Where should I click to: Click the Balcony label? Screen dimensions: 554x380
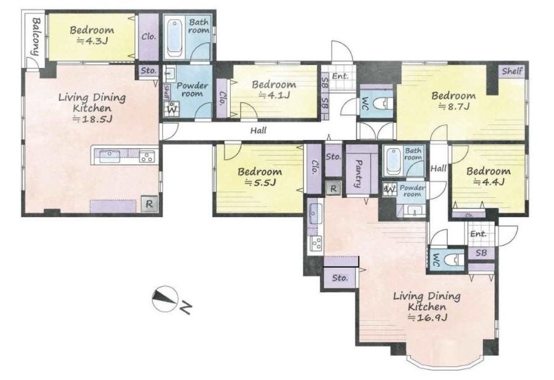36,36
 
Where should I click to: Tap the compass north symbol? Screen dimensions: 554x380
165,299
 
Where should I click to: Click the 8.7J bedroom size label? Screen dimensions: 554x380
454,106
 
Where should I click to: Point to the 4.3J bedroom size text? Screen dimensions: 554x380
92,41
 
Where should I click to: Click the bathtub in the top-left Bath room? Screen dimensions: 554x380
175,38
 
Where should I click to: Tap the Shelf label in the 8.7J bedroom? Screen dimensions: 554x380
512,71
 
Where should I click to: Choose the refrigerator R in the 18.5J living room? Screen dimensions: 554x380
149,204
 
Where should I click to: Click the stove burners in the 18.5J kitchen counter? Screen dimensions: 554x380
147,156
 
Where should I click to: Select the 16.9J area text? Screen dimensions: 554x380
428,317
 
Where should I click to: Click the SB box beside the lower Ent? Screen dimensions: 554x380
481,253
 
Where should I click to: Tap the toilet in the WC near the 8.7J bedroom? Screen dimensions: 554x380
384,104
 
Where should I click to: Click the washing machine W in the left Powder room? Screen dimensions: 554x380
172,109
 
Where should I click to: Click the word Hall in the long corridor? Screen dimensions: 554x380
258,131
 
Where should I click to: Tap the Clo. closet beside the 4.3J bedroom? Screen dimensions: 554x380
149,37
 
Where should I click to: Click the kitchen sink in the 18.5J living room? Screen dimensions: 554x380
110,156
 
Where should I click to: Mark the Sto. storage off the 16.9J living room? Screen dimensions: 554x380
340,278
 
